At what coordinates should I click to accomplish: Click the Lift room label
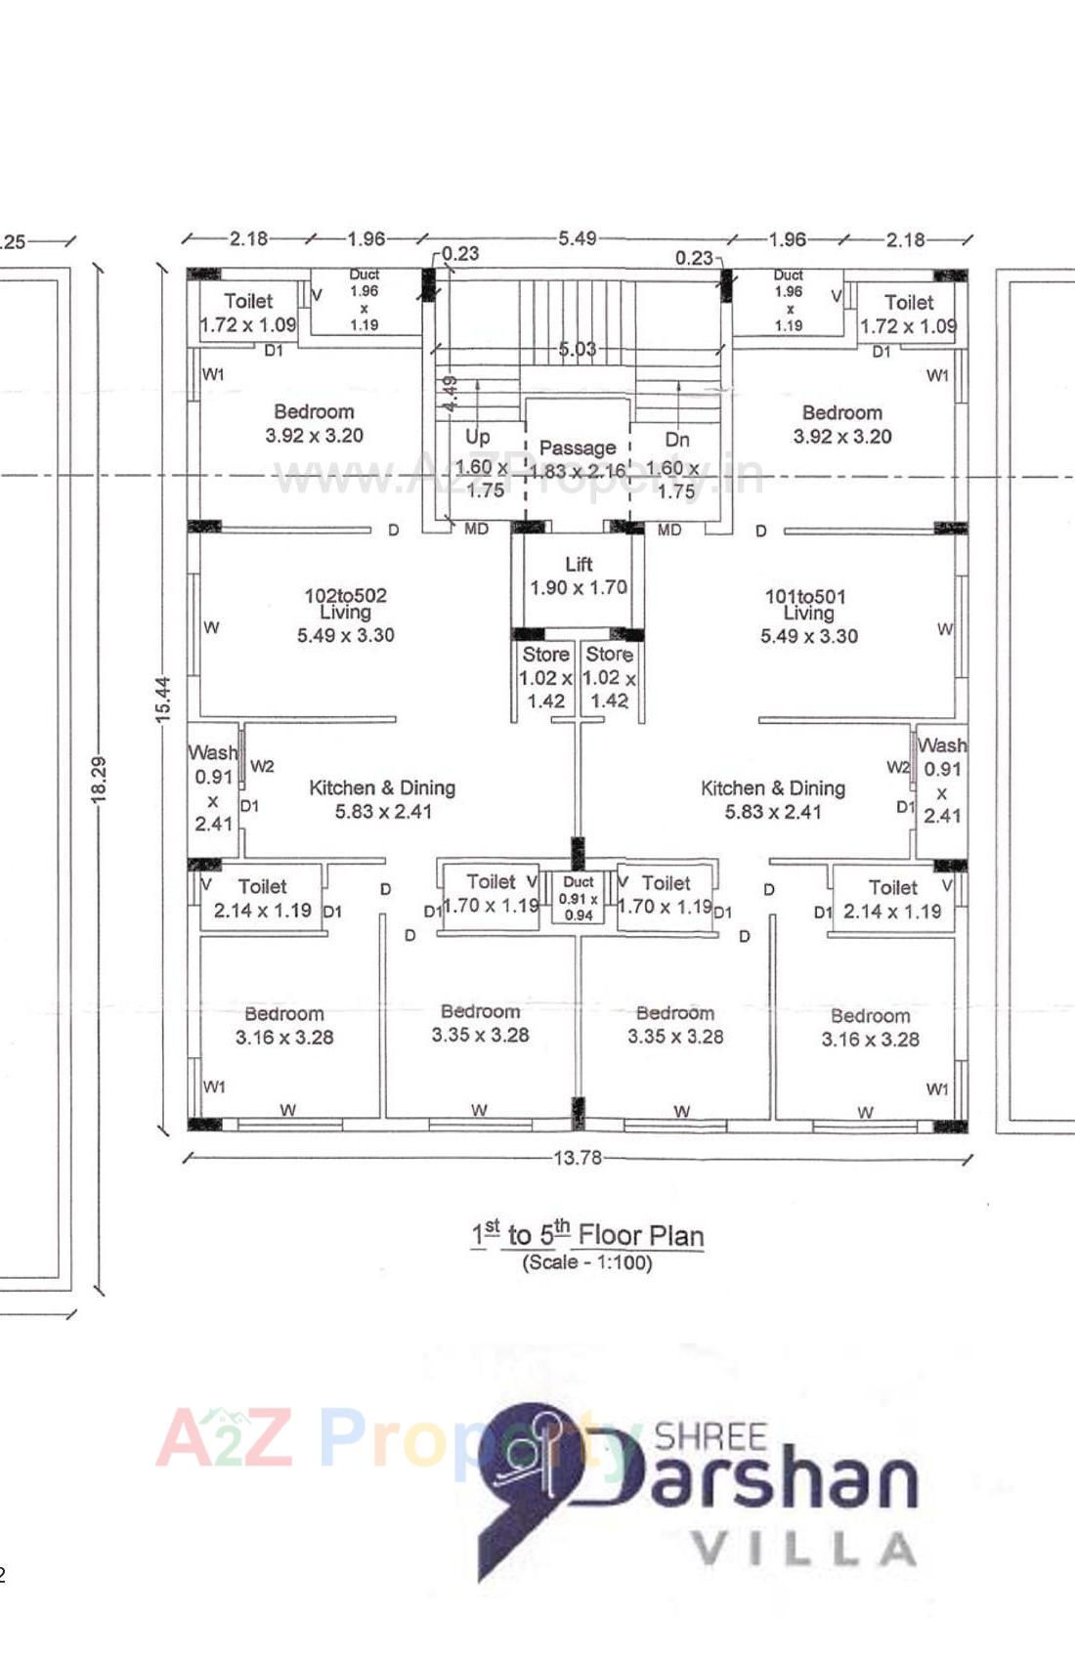[x=579, y=575]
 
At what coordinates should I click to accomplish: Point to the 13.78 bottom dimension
[x=578, y=1158]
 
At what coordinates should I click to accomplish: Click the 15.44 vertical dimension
[x=163, y=700]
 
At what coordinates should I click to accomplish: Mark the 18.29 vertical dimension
[x=99, y=780]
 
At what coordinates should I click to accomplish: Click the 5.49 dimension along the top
[x=577, y=238]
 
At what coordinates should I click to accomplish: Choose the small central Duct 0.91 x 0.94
[x=579, y=898]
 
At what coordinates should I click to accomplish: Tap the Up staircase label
[x=478, y=437]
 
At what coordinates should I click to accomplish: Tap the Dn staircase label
[x=677, y=440]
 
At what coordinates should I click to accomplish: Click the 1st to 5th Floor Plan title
[x=587, y=1235]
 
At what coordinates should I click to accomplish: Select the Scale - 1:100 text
[x=587, y=1262]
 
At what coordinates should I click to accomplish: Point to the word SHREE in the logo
[x=710, y=1436]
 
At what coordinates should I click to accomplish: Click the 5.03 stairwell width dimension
[x=577, y=349]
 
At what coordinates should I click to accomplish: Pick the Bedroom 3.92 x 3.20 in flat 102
[x=314, y=423]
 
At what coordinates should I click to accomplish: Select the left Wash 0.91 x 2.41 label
[x=213, y=787]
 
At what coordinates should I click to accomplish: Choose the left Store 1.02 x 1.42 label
[x=545, y=676]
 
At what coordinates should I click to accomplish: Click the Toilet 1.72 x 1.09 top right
[x=909, y=314]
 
